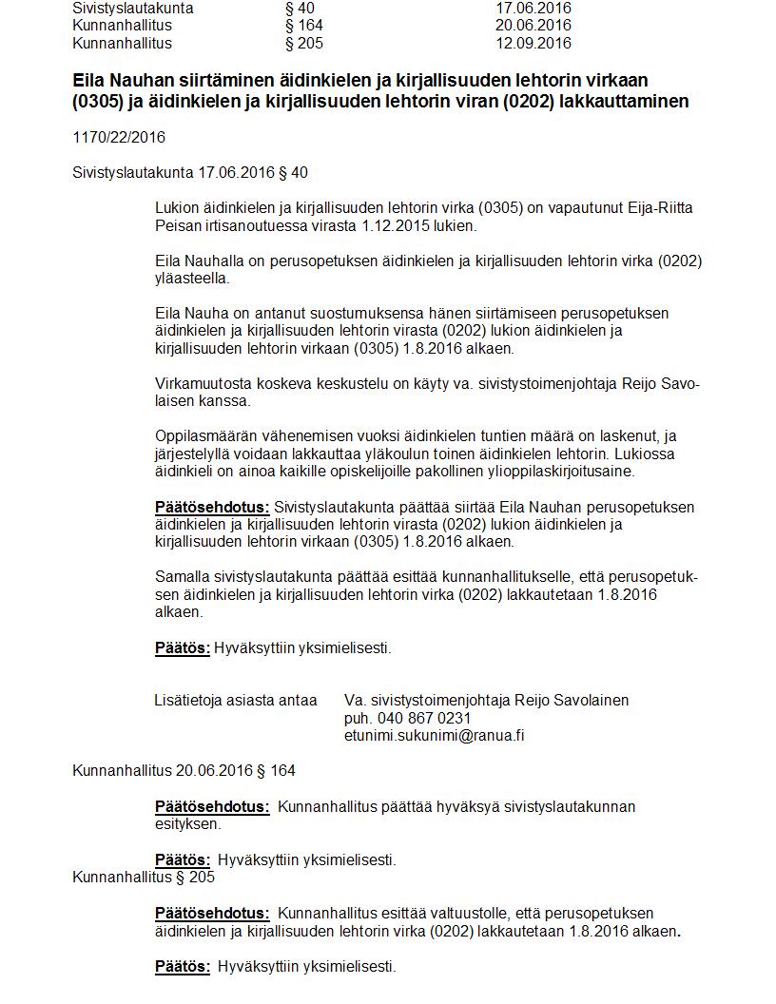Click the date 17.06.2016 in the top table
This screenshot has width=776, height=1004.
[533, 8]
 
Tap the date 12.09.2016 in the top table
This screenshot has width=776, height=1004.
[533, 44]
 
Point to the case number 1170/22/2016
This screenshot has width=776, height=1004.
[119, 138]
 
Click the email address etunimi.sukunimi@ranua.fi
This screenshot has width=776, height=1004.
[435, 736]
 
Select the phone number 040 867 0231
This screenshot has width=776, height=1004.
[423, 719]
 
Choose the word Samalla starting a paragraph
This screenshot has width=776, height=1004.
[181, 578]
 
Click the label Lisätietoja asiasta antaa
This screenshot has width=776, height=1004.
[236, 701]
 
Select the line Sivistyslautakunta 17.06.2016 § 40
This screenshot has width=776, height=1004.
[190, 173]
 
